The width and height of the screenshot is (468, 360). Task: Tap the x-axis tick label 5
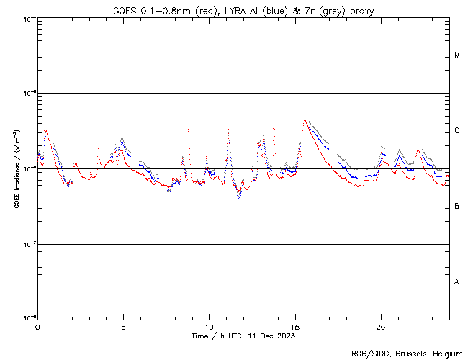pyautogui.click(x=123, y=326)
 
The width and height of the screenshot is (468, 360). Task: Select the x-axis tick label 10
pyautogui.click(x=209, y=326)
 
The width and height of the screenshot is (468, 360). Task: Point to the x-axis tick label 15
pyautogui.click(x=295, y=326)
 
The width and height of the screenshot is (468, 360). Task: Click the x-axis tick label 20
pyautogui.click(x=381, y=326)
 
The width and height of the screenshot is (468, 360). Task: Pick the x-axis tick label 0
pyautogui.click(x=37, y=326)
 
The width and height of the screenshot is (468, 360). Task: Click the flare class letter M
pyautogui.click(x=457, y=55)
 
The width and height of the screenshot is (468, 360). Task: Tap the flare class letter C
pyautogui.click(x=457, y=131)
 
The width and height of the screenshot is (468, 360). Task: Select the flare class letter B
pyautogui.click(x=457, y=207)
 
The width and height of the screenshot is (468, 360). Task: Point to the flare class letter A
pyautogui.click(x=457, y=282)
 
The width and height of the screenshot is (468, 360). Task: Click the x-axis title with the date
pyautogui.click(x=243, y=336)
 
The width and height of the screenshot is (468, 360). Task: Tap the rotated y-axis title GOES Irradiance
pyautogui.click(x=16, y=168)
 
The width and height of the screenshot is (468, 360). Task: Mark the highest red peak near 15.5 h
pyautogui.click(x=305, y=120)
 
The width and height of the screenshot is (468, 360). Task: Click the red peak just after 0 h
pyautogui.click(x=45, y=130)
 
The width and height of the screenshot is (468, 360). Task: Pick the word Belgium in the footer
pyautogui.click(x=444, y=354)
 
